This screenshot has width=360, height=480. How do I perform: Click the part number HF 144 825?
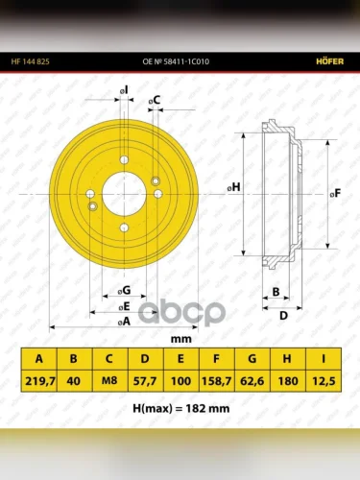[x=31, y=61]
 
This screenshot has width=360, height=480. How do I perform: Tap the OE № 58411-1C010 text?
[x=176, y=61]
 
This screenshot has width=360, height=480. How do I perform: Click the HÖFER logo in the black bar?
[x=330, y=61]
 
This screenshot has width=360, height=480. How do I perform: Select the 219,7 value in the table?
[x=40, y=381]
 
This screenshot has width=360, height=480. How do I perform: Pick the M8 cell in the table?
[x=109, y=380]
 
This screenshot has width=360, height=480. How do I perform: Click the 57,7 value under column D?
[x=145, y=381]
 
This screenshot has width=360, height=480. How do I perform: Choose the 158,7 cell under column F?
[x=216, y=381]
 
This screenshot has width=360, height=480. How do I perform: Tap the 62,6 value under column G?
[x=252, y=381]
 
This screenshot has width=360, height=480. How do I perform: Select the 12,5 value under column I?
[x=324, y=381]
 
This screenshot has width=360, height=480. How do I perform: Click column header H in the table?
[x=287, y=359]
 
